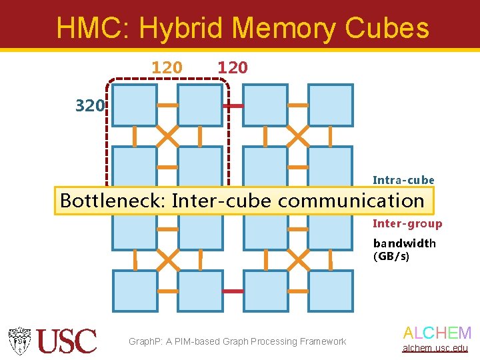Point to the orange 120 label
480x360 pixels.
click(x=167, y=67)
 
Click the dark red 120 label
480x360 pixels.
click(x=232, y=67)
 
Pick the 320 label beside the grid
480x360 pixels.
click(x=89, y=105)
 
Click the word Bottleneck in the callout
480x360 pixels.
click(x=111, y=201)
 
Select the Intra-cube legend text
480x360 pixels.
click(x=403, y=180)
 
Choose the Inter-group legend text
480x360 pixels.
click(x=407, y=224)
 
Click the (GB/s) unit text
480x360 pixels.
click(x=391, y=256)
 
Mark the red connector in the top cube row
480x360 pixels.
click(x=233, y=106)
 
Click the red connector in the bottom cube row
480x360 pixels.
click(x=233, y=291)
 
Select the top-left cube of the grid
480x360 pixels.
click(x=134, y=105)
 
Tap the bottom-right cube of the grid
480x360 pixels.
click(x=331, y=291)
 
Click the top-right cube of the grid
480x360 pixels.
click(x=331, y=105)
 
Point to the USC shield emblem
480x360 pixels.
click(x=19, y=340)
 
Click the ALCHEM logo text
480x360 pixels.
click(x=437, y=333)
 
